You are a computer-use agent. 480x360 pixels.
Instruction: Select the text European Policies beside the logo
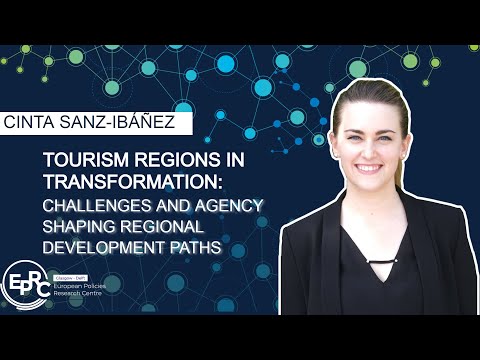pos(84,286)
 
